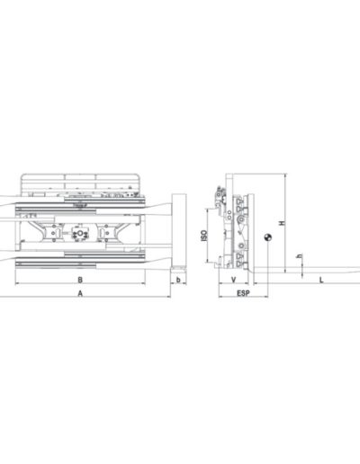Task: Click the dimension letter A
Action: pyautogui.click(x=80, y=293)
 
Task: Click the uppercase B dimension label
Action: pyautogui.click(x=80, y=280)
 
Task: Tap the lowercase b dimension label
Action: pyautogui.click(x=178, y=280)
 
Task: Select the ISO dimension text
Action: pyautogui.click(x=204, y=236)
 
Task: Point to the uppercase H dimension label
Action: pyautogui.click(x=282, y=223)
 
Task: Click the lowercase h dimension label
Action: pyautogui.click(x=300, y=256)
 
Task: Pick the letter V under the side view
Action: pyautogui.click(x=234, y=280)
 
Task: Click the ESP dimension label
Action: pyautogui.click(x=243, y=293)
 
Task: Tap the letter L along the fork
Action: pyautogui.click(x=321, y=281)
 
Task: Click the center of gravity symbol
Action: pyautogui.click(x=268, y=238)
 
